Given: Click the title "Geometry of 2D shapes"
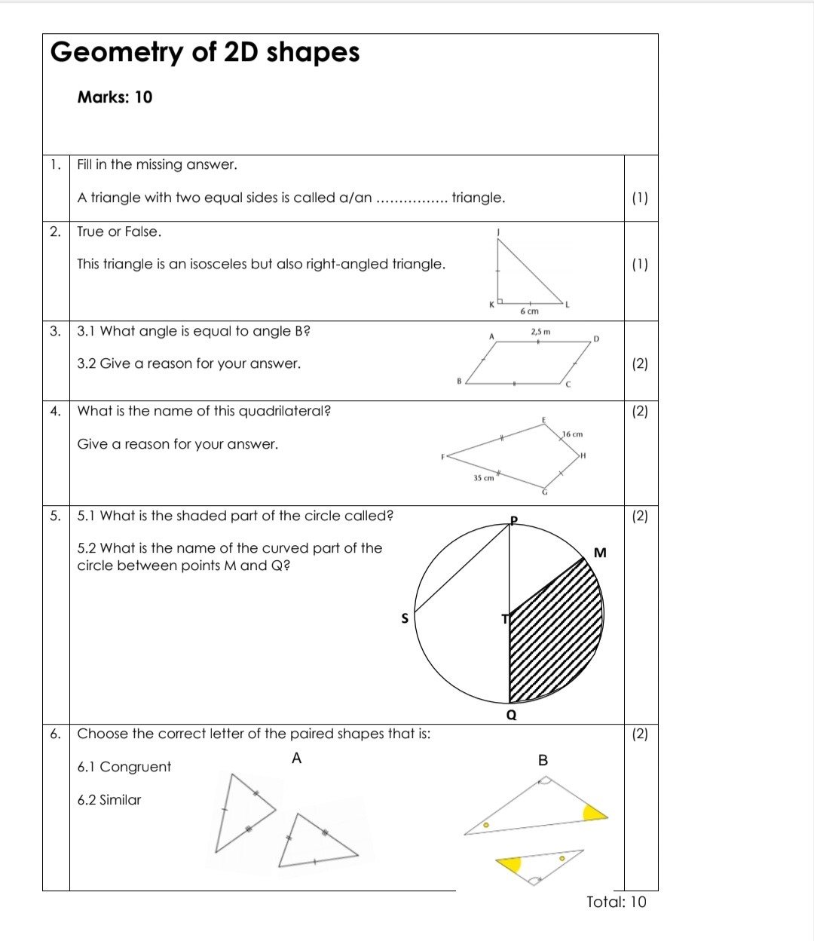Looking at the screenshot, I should (205, 52).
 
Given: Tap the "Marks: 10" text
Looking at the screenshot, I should (115, 97).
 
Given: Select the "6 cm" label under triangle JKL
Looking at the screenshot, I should (530, 311).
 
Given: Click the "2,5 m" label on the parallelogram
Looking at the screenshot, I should (540, 331).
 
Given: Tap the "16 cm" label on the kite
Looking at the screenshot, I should (573, 434).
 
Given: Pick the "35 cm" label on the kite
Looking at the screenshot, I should (483, 478).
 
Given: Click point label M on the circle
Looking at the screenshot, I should (600, 553).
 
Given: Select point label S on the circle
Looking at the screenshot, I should (405, 619).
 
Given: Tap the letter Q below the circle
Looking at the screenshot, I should (512, 715).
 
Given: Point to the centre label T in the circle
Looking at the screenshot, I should (505, 619).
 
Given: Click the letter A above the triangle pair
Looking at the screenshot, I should (296, 759).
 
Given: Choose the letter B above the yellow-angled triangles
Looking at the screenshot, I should (543, 760).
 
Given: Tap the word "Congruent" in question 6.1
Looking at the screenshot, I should (136, 767).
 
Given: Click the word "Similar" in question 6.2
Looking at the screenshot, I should (120, 800).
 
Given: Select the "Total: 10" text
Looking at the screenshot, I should (616, 902).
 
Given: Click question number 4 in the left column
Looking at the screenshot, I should (55, 411).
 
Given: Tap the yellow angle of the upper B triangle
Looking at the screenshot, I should (593, 812).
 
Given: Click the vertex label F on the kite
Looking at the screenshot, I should (443, 456).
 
